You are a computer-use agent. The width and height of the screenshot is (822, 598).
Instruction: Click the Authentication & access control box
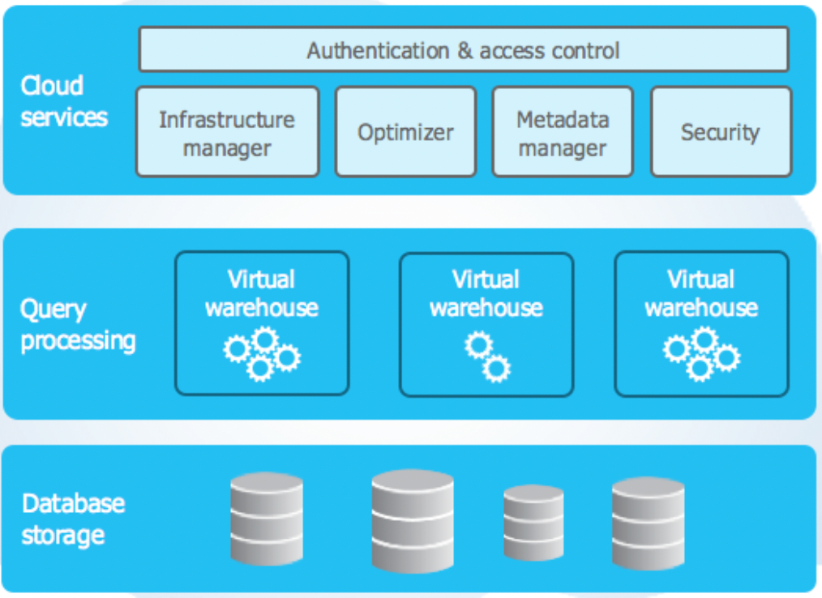464,50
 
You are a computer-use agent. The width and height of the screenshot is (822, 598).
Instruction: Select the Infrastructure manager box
227,133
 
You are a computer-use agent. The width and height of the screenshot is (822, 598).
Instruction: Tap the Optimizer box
405,133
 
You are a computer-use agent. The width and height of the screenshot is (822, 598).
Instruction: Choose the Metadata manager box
563,133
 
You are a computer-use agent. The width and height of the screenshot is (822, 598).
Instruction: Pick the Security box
721,133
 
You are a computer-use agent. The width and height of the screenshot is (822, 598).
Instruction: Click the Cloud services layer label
63,101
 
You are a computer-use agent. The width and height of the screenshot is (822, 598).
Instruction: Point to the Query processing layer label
77,324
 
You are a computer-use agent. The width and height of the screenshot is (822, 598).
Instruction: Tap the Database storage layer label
73,519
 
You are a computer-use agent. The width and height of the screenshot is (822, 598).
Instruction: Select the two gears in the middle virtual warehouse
487,357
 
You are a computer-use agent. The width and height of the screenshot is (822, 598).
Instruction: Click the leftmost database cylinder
267,519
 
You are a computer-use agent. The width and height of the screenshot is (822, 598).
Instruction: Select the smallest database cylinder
533,523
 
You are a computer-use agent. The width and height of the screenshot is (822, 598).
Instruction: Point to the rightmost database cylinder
649,523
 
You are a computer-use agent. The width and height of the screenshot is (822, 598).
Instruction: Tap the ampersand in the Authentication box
465,51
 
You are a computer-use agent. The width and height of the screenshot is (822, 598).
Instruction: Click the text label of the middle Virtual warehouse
486,293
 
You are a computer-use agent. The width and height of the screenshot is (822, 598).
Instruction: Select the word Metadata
563,120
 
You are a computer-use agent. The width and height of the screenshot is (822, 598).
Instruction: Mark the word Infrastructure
227,120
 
